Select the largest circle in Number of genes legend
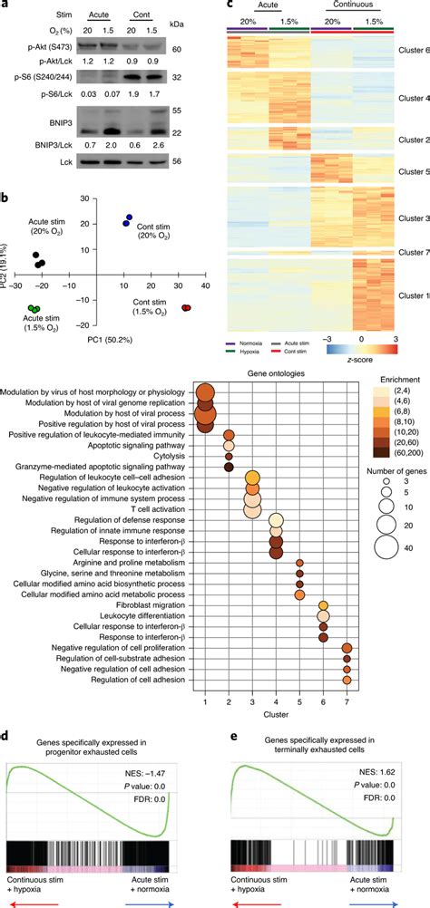click(x=388, y=623)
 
